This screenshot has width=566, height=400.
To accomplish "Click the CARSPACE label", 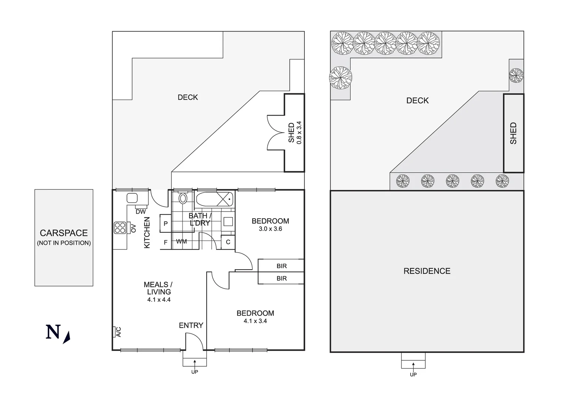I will click(x=64, y=233).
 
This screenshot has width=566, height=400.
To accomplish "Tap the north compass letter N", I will click(x=53, y=332).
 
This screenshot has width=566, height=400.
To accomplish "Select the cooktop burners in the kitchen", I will click(x=120, y=227).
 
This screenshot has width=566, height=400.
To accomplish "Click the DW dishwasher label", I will click(x=141, y=212).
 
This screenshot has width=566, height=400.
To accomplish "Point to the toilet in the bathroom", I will click(x=183, y=198).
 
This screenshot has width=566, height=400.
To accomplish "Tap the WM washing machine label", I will click(x=181, y=241).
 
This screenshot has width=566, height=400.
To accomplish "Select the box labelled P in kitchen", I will click(x=165, y=223).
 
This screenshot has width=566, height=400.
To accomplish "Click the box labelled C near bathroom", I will click(x=228, y=242).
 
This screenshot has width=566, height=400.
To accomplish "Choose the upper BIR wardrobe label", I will click(x=281, y=266).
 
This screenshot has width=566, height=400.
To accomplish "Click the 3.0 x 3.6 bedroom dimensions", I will click(x=270, y=229).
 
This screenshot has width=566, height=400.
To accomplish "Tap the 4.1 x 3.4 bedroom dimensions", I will click(x=255, y=321).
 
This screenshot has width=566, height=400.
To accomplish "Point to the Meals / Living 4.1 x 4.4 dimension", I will click(x=159, y=300).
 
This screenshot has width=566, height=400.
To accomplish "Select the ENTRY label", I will click(x=191, y=325).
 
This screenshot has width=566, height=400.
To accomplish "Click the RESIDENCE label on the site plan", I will click(x=427, y=271).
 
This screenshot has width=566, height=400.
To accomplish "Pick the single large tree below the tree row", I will click(x=341, y=78).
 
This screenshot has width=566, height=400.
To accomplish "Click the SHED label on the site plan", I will click(x=513, y=133).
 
